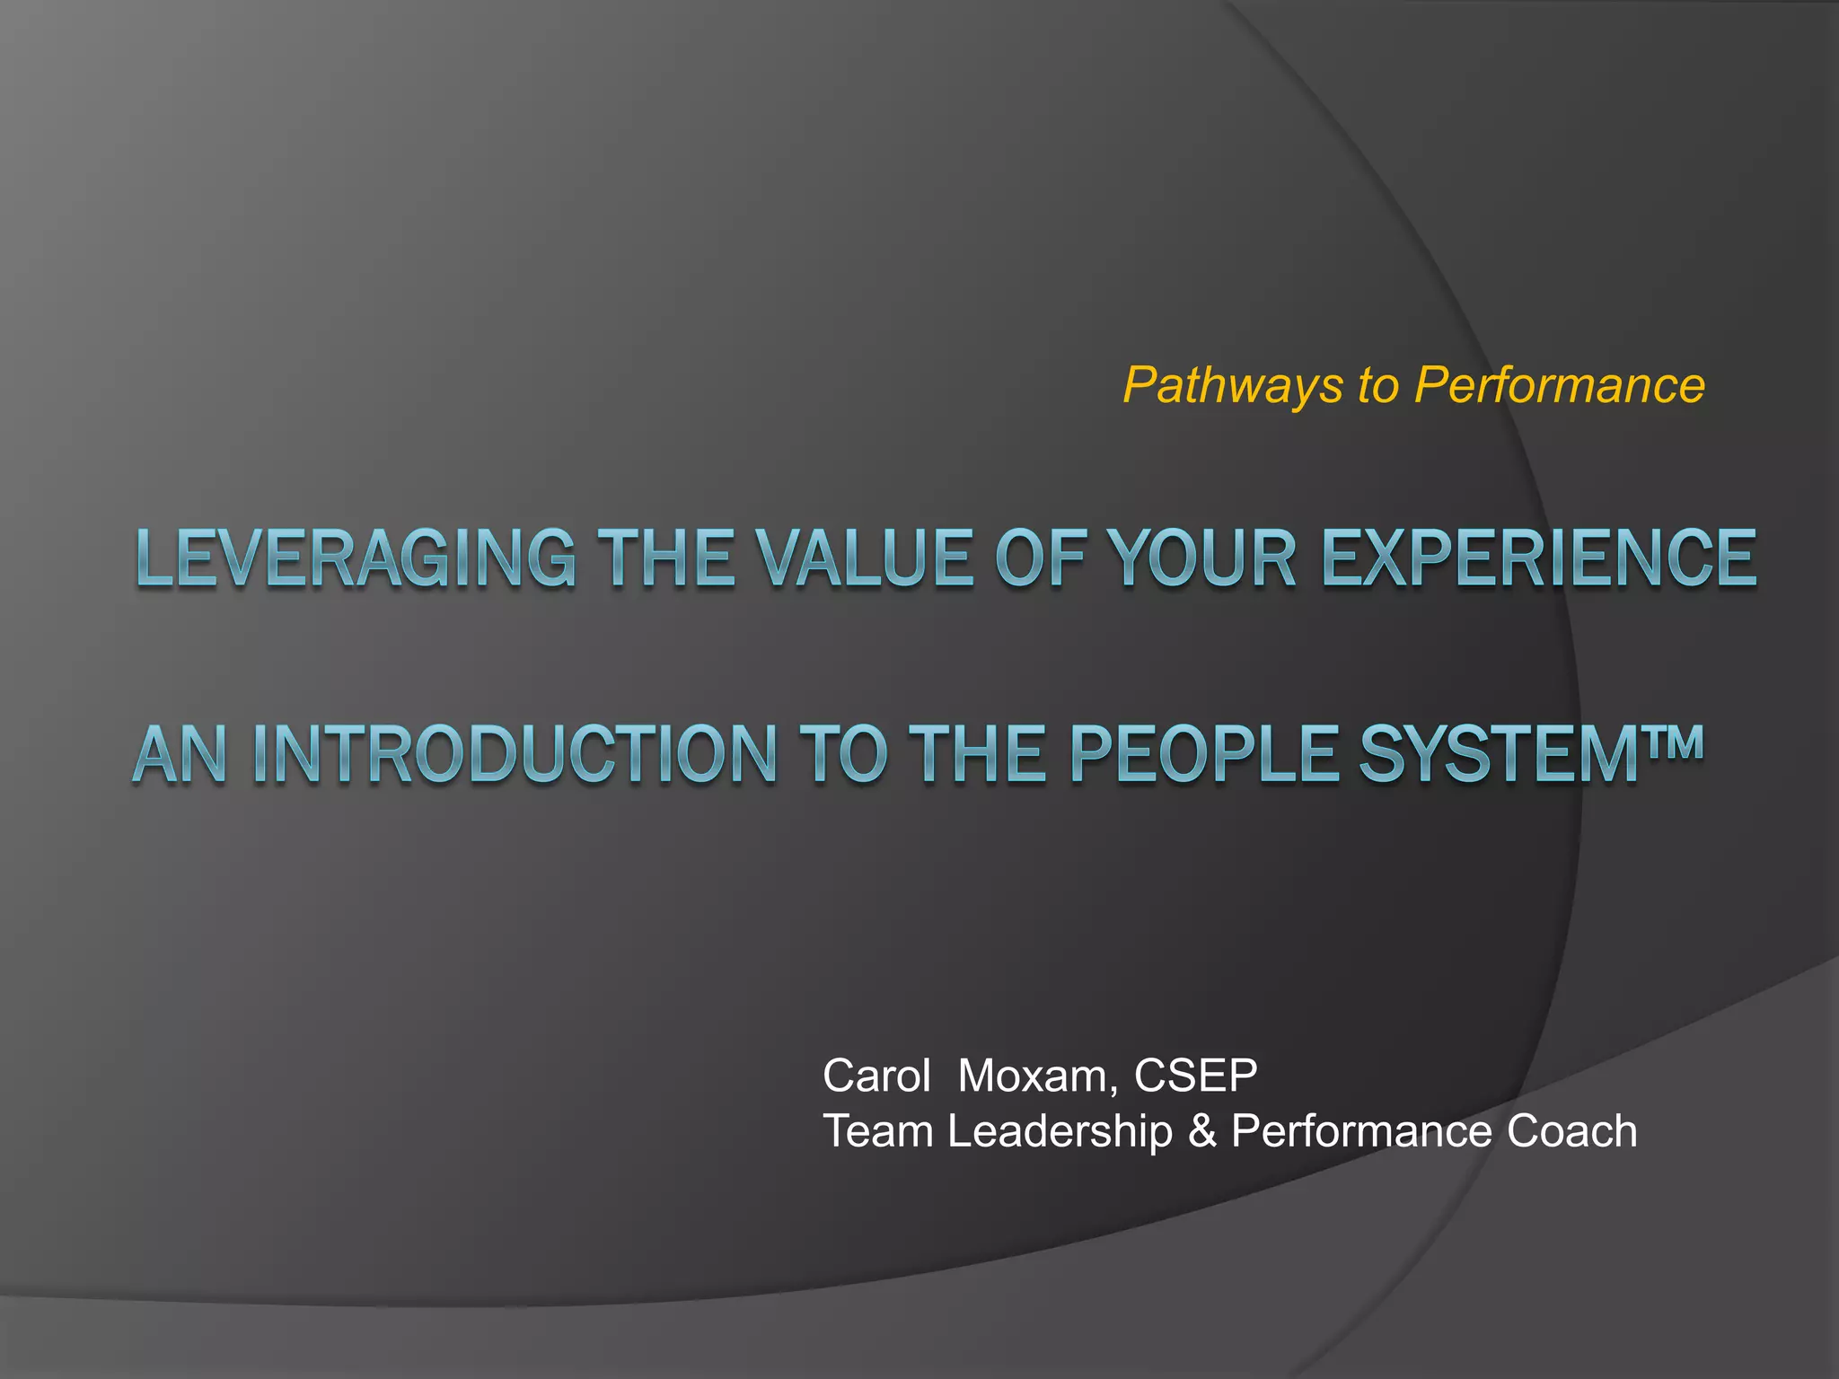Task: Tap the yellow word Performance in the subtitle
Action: tap(1559, 386)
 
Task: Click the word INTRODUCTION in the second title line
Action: tap(515, 754)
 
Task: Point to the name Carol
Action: tap(876, 1076)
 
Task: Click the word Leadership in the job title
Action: tap(1060, 1131)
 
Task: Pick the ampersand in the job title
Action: tap(1201, 1131)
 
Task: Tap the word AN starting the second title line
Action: tap(180, 754)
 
